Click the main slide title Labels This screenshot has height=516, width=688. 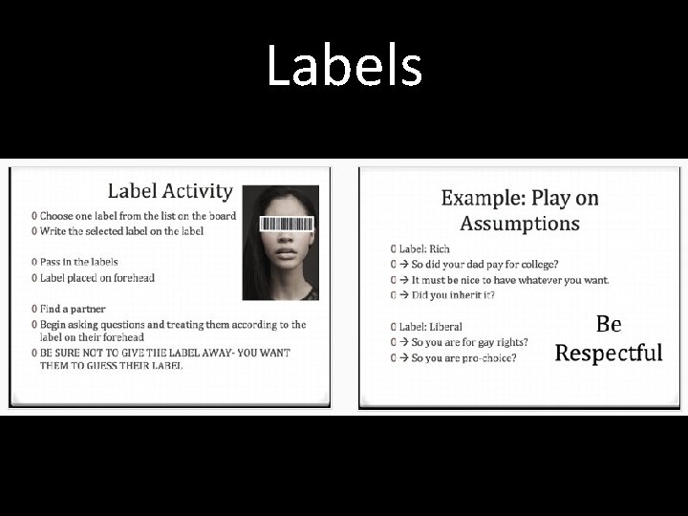point(344,67)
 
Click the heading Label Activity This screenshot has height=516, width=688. point(169,191)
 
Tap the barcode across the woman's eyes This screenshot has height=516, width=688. point(288,226)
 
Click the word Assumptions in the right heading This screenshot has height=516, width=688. point(519,224)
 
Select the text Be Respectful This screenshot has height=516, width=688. point(609,338)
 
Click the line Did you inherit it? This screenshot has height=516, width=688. point(453,295)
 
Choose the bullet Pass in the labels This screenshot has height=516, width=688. point(78,261)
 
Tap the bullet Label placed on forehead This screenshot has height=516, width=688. point(97,277)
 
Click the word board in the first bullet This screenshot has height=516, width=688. point(221,215)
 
